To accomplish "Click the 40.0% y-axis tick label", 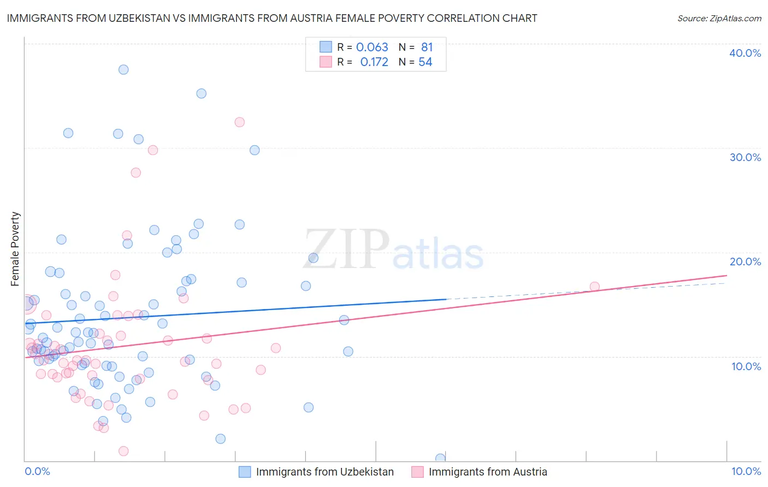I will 745,53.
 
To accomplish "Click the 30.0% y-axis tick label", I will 745,157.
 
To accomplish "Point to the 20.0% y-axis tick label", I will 745,262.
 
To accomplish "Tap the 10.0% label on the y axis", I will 746,366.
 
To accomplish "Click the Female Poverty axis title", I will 15,249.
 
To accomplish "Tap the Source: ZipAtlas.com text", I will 719,18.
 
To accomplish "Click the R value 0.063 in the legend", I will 372,47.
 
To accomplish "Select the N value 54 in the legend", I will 425,62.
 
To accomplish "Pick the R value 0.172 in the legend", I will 374,62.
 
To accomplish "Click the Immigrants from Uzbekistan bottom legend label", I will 324,472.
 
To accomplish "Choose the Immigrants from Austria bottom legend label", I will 488,472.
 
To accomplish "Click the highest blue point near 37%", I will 123,69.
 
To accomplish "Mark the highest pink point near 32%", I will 239,122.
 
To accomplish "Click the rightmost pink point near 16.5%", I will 594,287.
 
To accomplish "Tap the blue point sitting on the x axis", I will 440,458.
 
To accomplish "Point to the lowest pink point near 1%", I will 123,451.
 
